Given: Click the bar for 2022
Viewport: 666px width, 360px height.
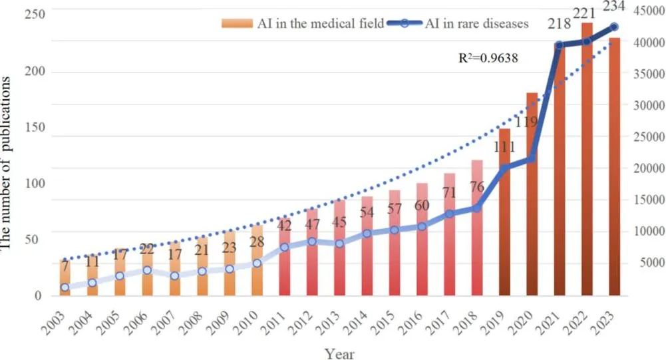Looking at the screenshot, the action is coord(587,159).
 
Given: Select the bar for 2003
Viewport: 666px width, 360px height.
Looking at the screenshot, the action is coord(65,277).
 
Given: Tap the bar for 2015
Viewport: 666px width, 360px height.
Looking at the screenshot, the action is coord(395,243).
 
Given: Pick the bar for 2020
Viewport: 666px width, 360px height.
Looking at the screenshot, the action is coord(532,194).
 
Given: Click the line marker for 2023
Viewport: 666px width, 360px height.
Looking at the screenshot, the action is coord(614,27).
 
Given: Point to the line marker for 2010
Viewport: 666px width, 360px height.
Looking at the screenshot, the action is coord(257,263).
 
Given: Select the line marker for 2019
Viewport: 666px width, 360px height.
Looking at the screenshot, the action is coord(504,169).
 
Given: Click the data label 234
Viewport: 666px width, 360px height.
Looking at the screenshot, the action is coord(613,6).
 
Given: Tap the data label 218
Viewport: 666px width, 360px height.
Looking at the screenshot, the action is coord(559,23).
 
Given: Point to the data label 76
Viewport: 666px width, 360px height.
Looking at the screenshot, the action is coord(477,186).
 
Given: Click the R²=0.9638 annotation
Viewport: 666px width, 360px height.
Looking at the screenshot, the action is coord(488,57).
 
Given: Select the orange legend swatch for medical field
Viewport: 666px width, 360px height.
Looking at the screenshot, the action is coord(237,23).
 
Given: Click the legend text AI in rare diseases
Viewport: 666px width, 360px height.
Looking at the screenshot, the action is coord(477,23).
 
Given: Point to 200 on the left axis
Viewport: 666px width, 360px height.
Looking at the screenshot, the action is coord(35,71).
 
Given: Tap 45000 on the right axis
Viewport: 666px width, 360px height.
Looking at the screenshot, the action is coord(649,11).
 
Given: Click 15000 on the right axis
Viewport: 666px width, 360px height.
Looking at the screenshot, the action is coord(649,200).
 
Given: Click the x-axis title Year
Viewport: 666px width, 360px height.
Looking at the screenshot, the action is coord(339,353).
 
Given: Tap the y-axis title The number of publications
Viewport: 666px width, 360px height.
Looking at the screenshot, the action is coord(6,163).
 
